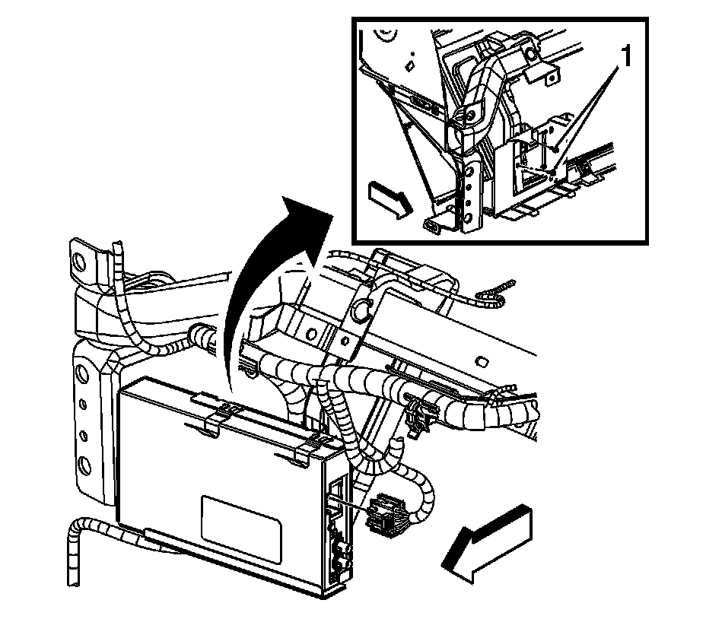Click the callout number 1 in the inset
(x=625, y=56)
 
